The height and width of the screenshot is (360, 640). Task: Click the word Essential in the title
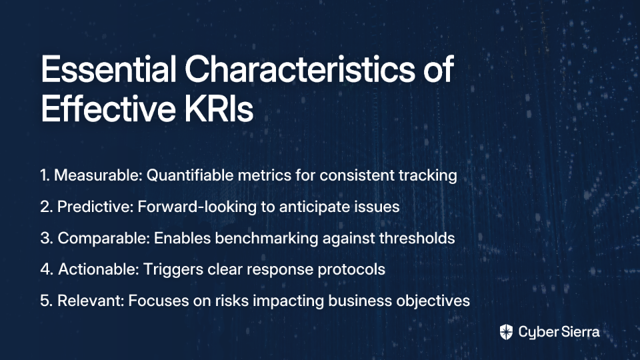[x=109, y=69]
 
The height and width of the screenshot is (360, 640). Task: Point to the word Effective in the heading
[x=108, y=109]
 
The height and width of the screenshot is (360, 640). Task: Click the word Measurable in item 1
[x=98, y=175]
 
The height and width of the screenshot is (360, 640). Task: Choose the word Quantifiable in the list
[x=190, y=175]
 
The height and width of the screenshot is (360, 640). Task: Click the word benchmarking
[x=266, y=239]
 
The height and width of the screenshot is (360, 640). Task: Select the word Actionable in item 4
[x=99, y=269]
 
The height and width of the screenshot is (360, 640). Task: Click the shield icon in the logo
[x=506, y=332]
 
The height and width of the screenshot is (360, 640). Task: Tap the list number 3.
[x=45, y=239]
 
